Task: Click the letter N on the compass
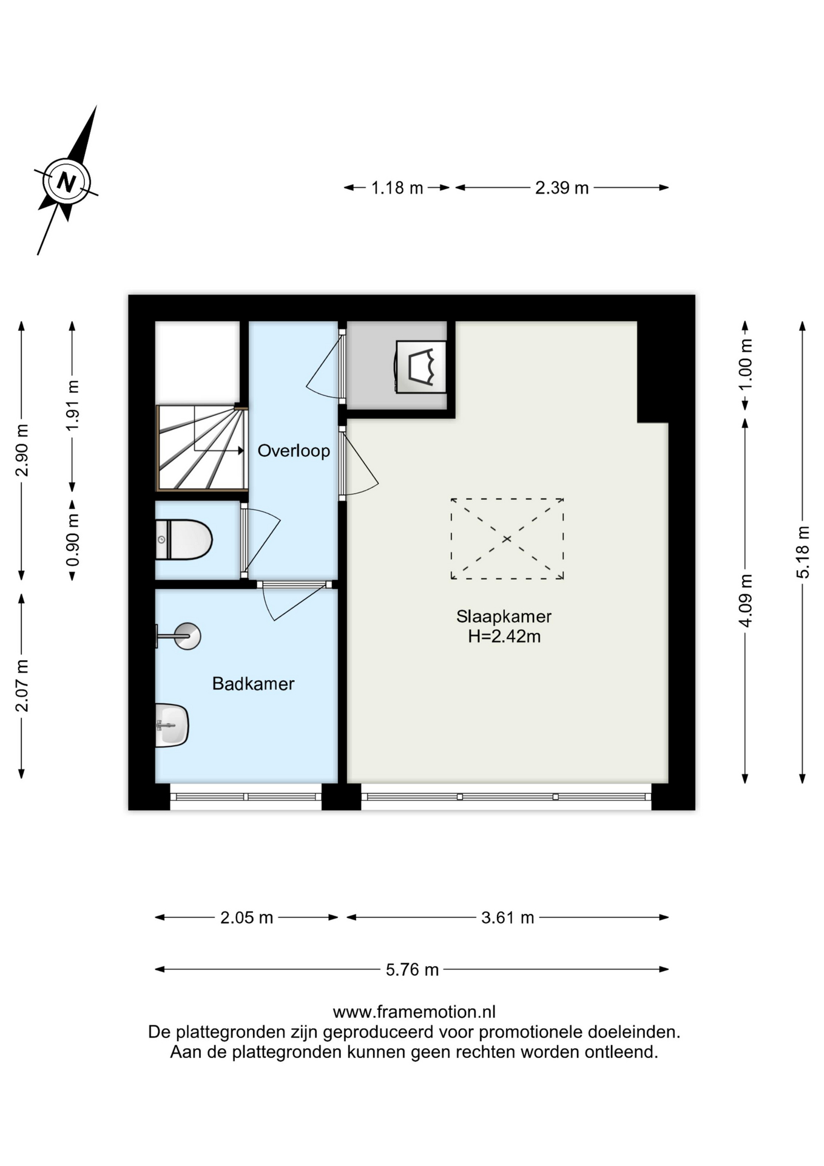pyautogui.click(x=66, y=182)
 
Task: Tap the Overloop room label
pyautogui.click(x=294, y=451)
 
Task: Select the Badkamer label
pyautogui.click(x=253, y=684)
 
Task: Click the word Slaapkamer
pyautogui.click(x=504, y=616)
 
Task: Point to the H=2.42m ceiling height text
pyautogui.click(x=504, y=636)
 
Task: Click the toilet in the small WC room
pyautogui.click(x=184, y=539)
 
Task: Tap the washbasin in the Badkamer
pyautogui.click(x=172, y=725)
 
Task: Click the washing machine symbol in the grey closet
pyautogui.click(x=421, y=367)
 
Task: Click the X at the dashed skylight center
pyautogui.click(x=507, y=539)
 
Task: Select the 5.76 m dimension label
pyautogui.click(x=412, y=969)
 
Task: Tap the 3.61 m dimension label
pyautogui.click(x=508, y=917)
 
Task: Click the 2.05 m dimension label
pyautogui.click(x=246, y=917)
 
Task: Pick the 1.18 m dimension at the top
pyautogui.click(x=397, y=188)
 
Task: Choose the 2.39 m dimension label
pyautogui.click(x=562, y=188)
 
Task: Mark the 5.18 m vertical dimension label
pyautogui.click(x=803, y=552)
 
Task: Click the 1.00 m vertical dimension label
pyautogui.click(x=745, y=364)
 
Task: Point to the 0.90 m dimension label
pyautogui.click(x=72, y=540)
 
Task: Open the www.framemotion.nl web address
pyautogui.click(x=414, y=1012)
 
